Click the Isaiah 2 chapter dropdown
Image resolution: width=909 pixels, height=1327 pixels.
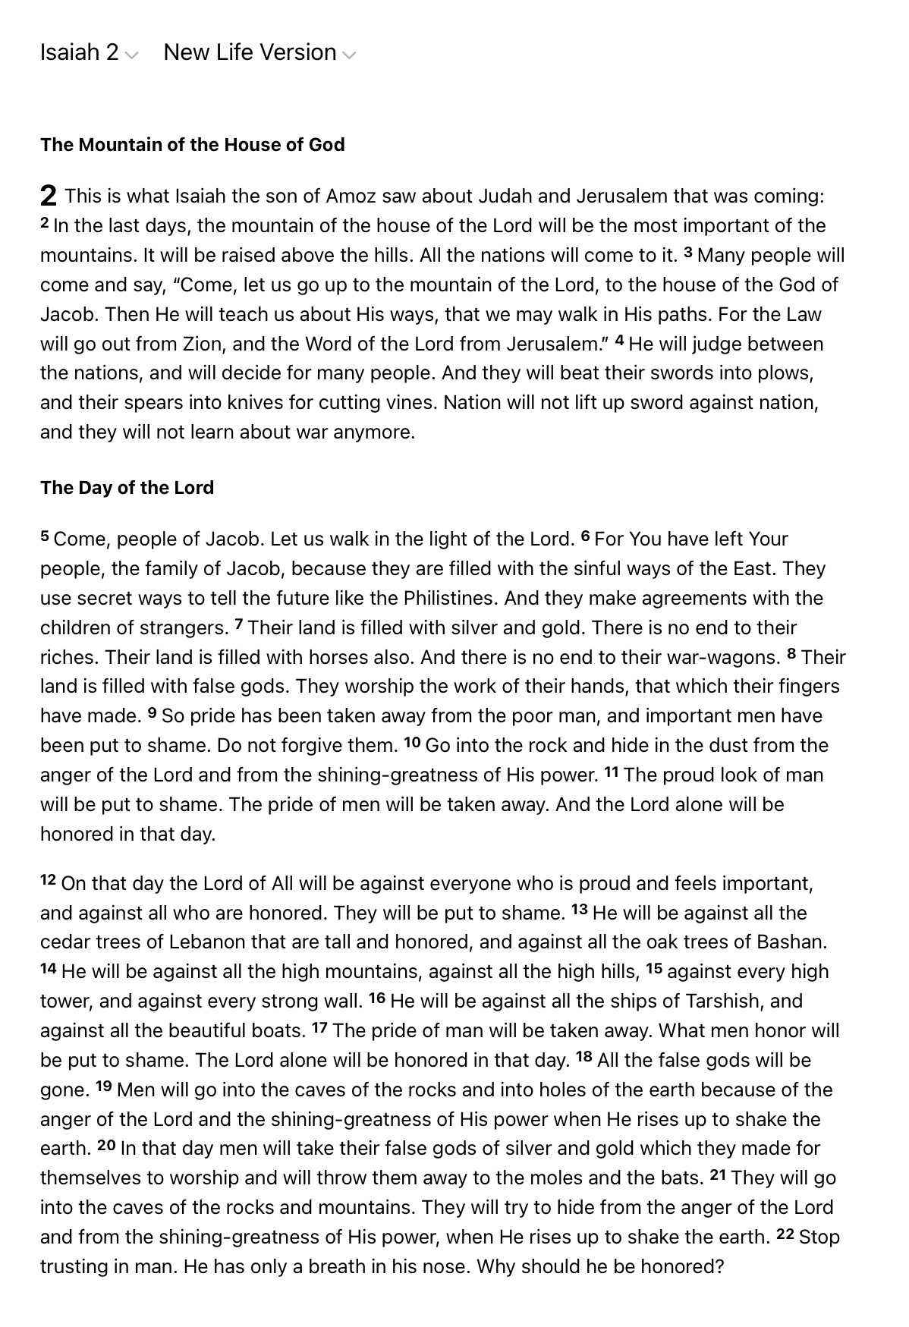89,52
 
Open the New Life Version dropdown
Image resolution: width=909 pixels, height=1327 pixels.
259,52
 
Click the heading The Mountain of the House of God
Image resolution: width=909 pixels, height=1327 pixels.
192,145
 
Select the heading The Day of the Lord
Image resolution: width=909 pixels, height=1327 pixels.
127,488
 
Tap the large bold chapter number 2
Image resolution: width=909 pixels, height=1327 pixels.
48,197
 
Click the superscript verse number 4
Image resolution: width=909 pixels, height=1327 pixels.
620,341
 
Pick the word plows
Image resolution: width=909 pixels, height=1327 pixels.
787,374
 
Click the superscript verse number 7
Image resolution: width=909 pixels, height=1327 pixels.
239,624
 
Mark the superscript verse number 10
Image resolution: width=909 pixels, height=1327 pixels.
412,742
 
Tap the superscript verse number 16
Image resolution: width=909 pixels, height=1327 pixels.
377,998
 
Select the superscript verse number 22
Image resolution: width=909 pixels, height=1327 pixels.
785,1234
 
